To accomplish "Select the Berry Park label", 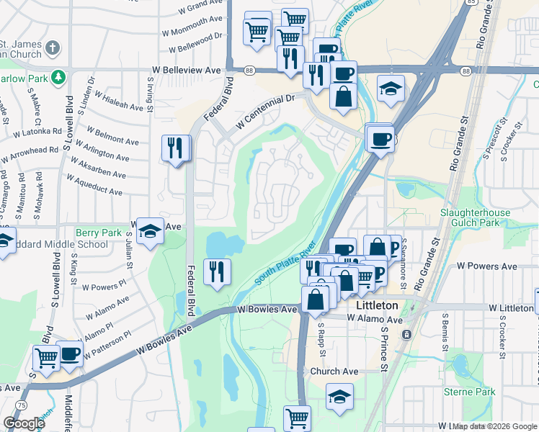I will (99, 233).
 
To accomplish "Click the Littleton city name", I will (378, 305).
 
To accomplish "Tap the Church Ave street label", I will (334, 372).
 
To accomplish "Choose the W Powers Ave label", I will (487, 266).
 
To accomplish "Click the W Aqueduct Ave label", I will (94, 184).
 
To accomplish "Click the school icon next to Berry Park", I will (150, 231).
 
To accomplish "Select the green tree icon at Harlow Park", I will (63, 76).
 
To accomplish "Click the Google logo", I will (24, 423).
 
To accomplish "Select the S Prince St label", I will (385, 356).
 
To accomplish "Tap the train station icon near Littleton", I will (406, 335).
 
